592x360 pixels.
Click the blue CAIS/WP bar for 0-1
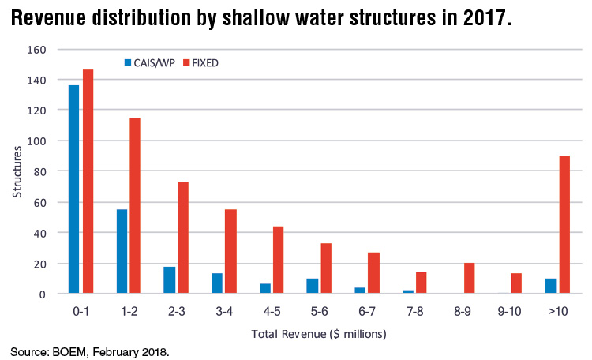coord(73,189)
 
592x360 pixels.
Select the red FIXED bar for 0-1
coord(88,182)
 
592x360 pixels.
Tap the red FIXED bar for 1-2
coord(136,206)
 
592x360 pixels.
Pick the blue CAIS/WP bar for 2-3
coord(169,280)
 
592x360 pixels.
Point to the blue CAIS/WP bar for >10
coord(549,286)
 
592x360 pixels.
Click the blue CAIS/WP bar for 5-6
coord(312,286)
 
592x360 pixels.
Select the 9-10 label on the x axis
coord(509,312)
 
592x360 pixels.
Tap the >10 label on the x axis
coord(556,312)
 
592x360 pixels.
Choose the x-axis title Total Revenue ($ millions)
coord(319,334)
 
